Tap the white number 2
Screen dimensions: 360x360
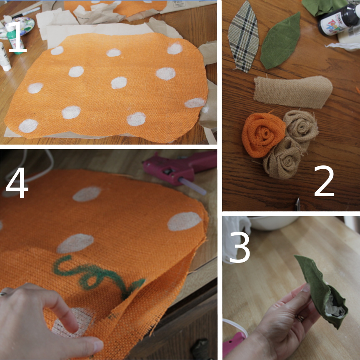coord(324,181)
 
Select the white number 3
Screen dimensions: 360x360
coord(240,247)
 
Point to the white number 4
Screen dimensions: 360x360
coord(17,182)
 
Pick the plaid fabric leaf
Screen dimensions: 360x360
coord(243,37)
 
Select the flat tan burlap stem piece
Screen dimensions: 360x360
coord(293,92)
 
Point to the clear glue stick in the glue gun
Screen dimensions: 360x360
coord(192,186)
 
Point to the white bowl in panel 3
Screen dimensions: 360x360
coord(273,222)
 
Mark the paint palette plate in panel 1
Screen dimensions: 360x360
coord(18,27)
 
